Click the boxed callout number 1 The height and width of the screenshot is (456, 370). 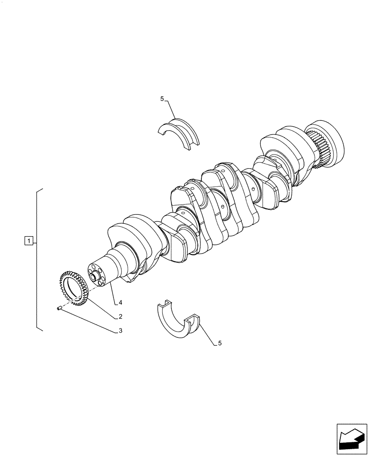coord(29,240)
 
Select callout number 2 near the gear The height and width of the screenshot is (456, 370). coord(120,316)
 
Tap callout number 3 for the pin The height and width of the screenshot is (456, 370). coord(120,332)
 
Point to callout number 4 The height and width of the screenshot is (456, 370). coord(120,302)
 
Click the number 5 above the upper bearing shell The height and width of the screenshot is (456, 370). coord(162,98)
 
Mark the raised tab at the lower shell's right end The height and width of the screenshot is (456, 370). coord(194,319)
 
